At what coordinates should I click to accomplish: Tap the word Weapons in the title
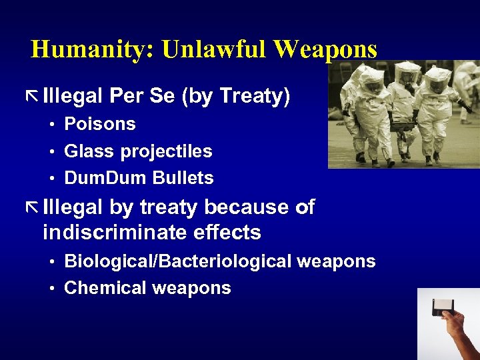click(x=325, y=49)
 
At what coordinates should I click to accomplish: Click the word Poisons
click(x=100, y=124)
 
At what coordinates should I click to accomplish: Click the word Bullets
click(x=183, y=178)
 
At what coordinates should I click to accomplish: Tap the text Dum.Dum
click(x=106, y=178)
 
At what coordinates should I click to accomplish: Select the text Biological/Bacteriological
click(x=178, y=262)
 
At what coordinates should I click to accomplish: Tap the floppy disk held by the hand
click(x=445, y=307)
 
